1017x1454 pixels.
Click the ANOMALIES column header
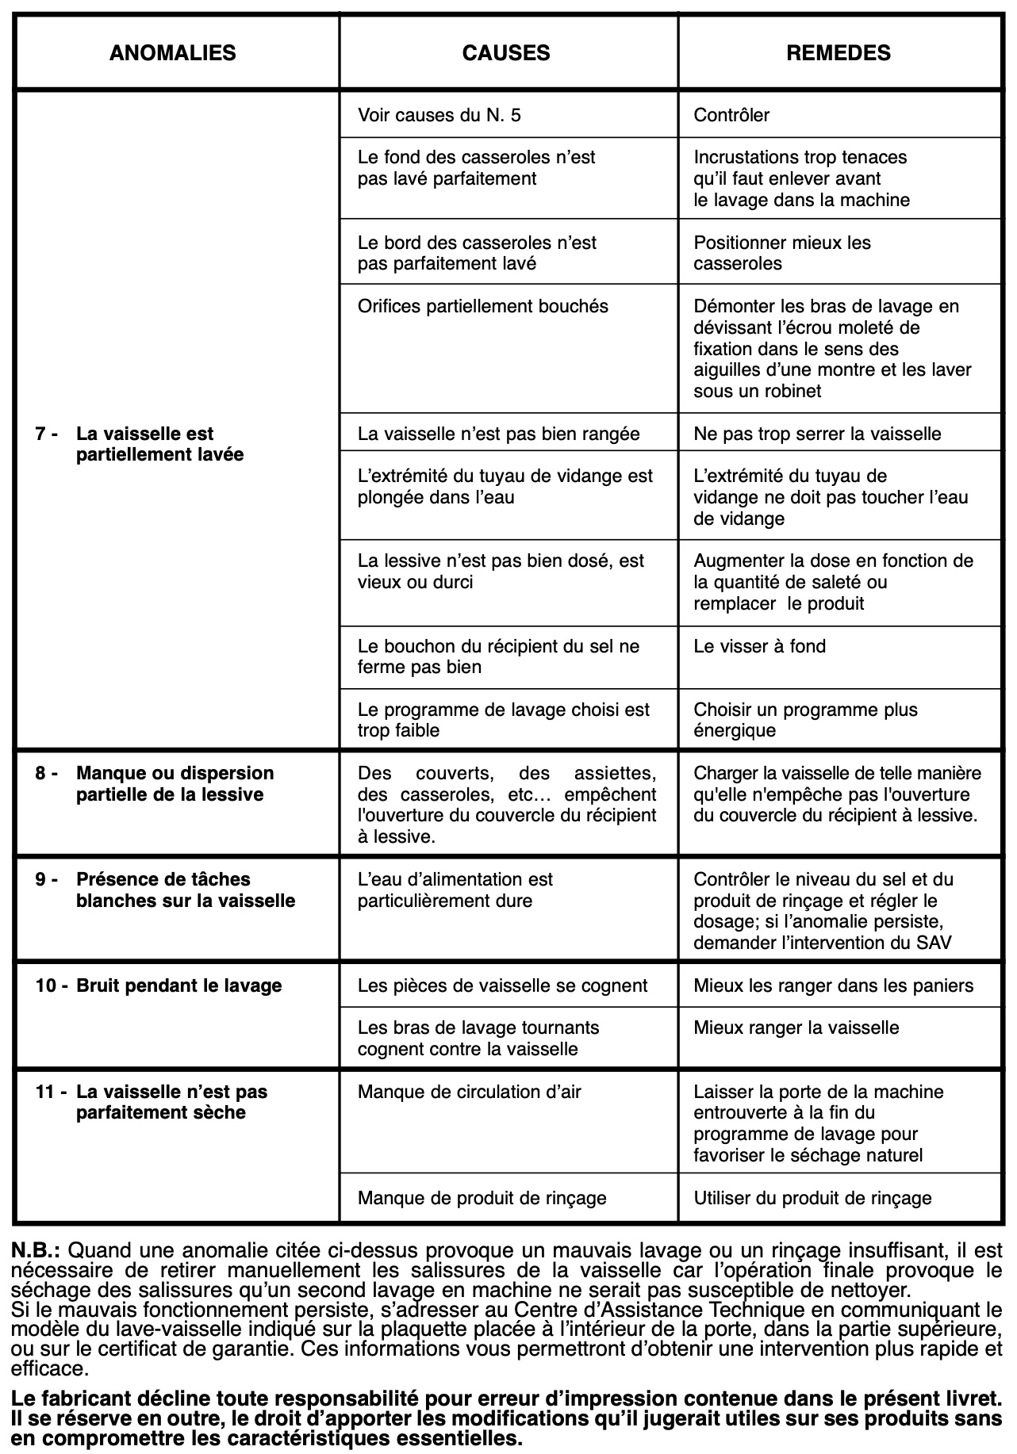172,53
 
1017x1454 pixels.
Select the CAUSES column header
506,53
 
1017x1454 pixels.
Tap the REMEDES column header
839,53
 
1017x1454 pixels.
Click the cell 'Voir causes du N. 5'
439,115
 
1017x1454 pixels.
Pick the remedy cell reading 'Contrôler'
731,115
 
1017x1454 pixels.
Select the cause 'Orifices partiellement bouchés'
483,306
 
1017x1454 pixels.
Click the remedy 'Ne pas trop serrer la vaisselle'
817,434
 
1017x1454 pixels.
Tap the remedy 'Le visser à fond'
759,646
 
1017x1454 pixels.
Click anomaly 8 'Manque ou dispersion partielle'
175,783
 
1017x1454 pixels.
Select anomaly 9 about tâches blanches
185,890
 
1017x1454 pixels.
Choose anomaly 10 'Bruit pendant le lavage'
178,985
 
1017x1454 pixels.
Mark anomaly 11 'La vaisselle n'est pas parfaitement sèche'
171,1102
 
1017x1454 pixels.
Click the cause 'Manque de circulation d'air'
469,1092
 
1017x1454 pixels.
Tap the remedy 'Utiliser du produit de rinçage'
812,1198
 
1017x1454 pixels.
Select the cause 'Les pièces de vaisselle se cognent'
502,985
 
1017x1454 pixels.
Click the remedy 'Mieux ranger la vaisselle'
796,1027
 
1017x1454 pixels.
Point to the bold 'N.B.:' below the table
36,1250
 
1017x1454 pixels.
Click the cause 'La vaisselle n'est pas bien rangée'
498,434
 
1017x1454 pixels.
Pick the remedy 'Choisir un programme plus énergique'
804,719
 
